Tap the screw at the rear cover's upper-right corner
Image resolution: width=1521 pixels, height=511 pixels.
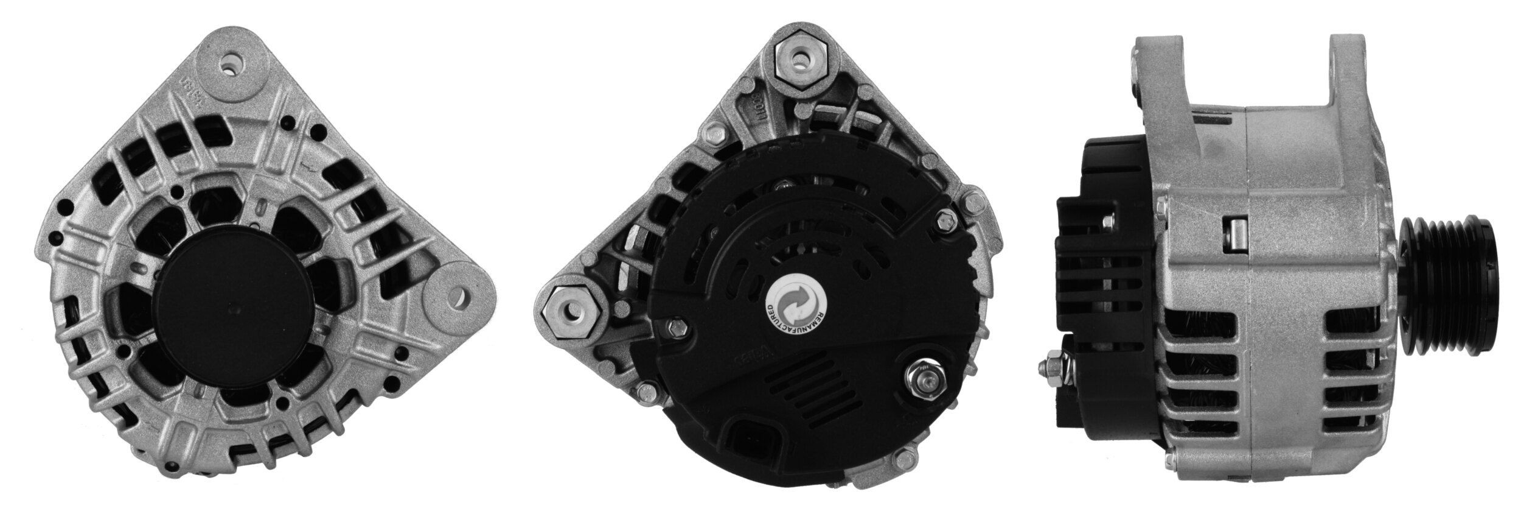(x=945, y=220)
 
